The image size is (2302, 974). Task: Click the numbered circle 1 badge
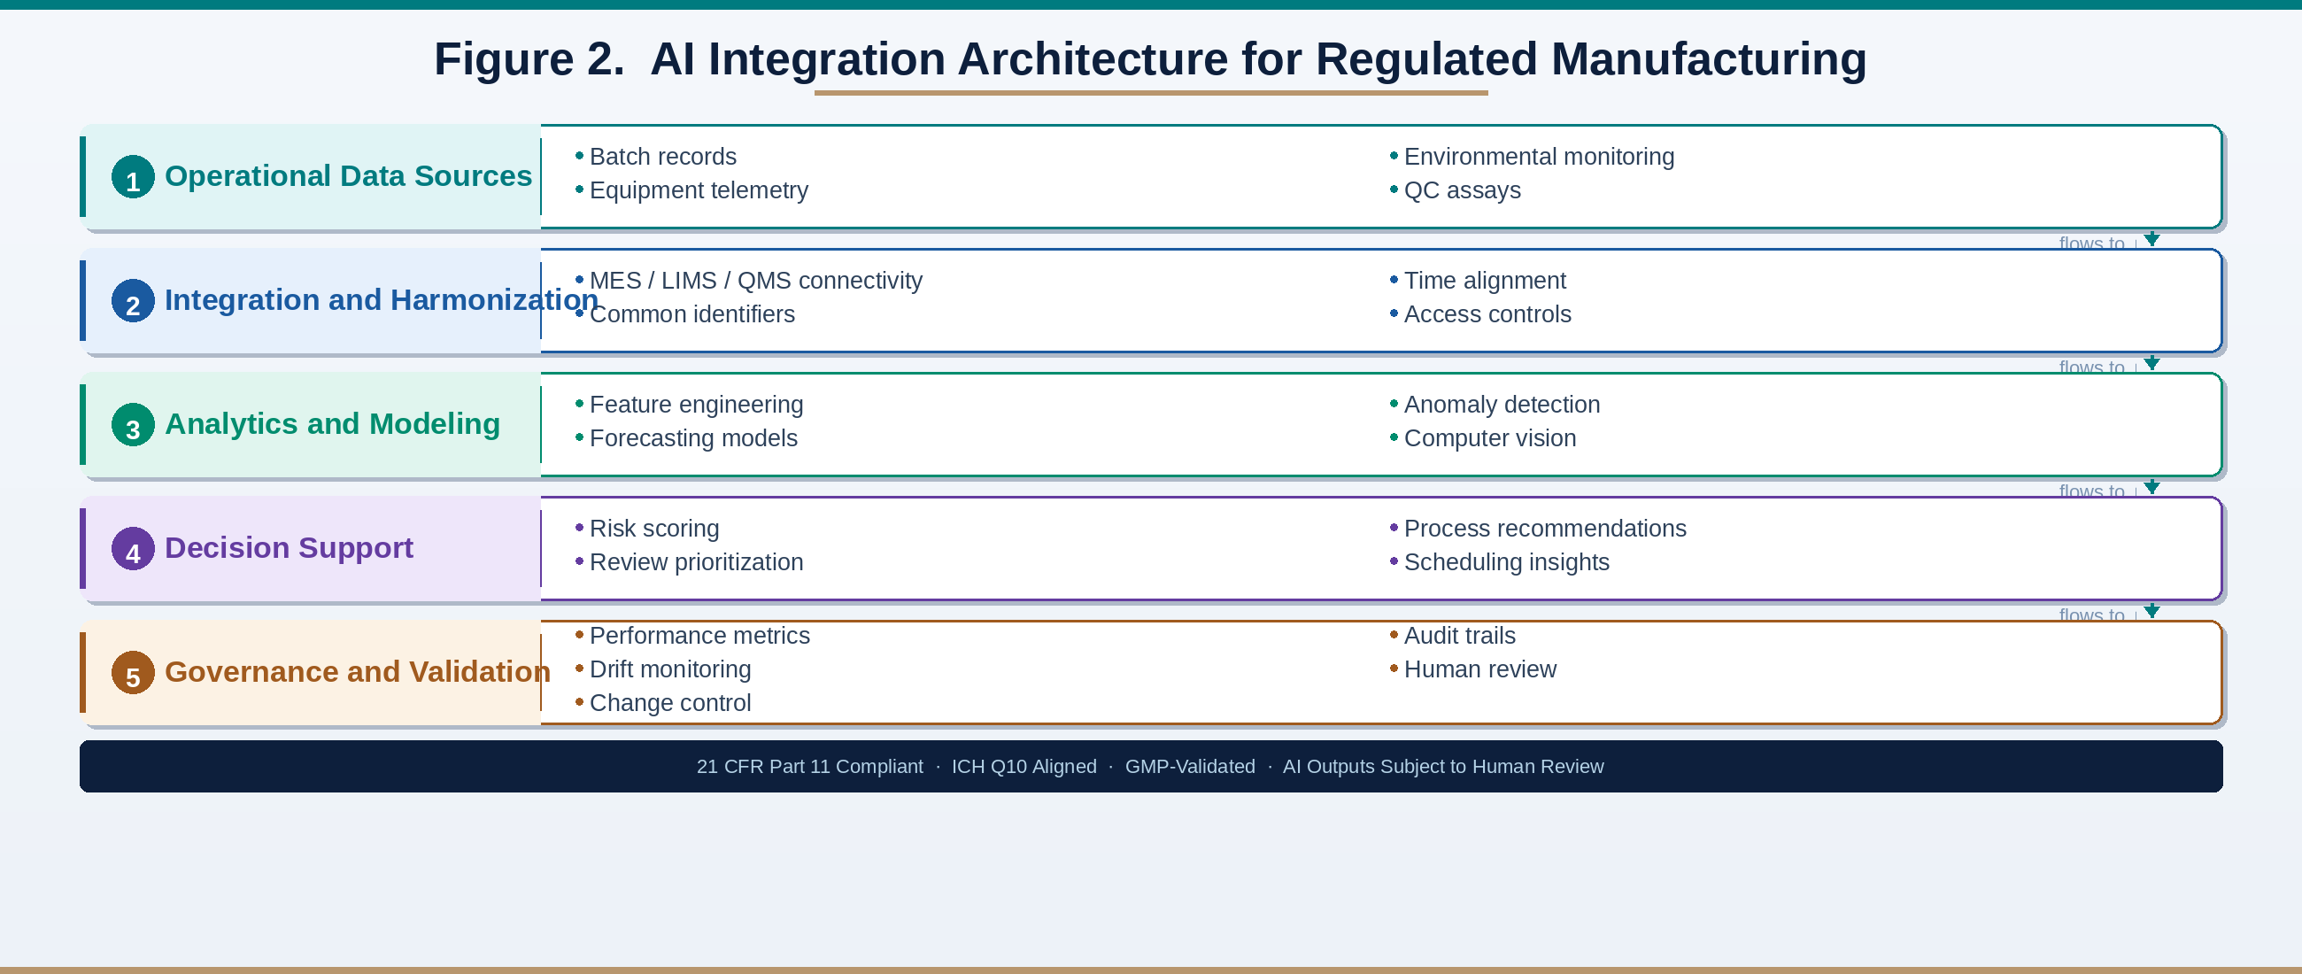(133, 177)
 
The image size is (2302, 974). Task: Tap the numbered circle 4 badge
(133, 549)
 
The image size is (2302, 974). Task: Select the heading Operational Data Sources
(348, 176)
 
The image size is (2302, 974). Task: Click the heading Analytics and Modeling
(331, 423)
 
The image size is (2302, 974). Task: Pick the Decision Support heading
(288, 548)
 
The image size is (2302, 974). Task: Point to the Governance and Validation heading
(357, 672)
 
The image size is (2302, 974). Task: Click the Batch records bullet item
(662, 157)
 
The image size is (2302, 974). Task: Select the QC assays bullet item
(1461, 190)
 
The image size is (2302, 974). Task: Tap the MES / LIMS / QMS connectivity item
(755, 281)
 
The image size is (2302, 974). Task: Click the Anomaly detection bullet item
(1501, 405)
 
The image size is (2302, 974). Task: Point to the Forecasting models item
(692, 439)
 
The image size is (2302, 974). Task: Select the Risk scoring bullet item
(653, 529)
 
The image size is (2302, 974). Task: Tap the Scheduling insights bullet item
(1506, 563)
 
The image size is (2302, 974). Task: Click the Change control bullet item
(669, 703)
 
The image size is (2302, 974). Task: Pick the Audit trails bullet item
(1458, 637)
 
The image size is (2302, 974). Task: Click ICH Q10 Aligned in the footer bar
(1024, 767)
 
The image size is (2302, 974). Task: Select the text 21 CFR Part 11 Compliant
(808, 767)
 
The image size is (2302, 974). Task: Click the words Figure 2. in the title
(529, 59)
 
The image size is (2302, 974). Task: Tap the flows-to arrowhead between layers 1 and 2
(2151, 239)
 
